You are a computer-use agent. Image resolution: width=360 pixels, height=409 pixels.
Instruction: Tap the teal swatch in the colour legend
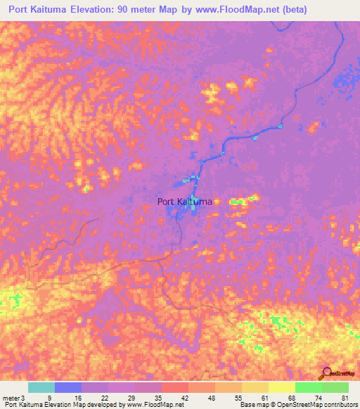pos(41,387)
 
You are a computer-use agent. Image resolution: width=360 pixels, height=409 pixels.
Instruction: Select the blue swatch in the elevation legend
pos(68,387)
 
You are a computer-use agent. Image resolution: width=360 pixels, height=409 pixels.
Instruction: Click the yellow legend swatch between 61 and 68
pos(281,387)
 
